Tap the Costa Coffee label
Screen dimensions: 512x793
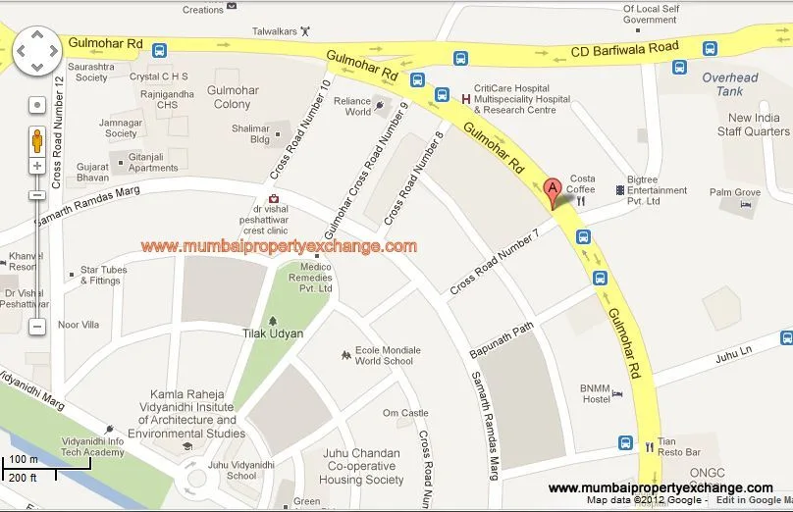coord(581,183)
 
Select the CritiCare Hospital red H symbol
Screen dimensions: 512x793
coord(465,98)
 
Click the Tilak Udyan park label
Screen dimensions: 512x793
coord(273,333)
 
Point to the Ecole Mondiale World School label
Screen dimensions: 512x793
coord(388,355)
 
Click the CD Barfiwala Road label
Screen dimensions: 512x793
coord(627,47)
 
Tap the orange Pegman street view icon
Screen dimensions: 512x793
coord(37,139)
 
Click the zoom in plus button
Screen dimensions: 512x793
coord(37,166)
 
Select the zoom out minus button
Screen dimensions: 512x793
coord(37,326)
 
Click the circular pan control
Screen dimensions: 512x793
coord(36,51)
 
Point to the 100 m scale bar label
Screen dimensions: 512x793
coord(24,459)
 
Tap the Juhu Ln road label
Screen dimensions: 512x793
coord(732,351)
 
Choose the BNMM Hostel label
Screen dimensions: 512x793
coord(595,392)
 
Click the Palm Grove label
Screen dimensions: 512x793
coord(735,192)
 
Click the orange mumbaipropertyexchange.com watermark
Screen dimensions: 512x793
coord(279,246)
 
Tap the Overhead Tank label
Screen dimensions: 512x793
coord(730,84)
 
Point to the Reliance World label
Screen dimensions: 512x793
coord(352,106)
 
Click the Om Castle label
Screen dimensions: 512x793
coord(405,413)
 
